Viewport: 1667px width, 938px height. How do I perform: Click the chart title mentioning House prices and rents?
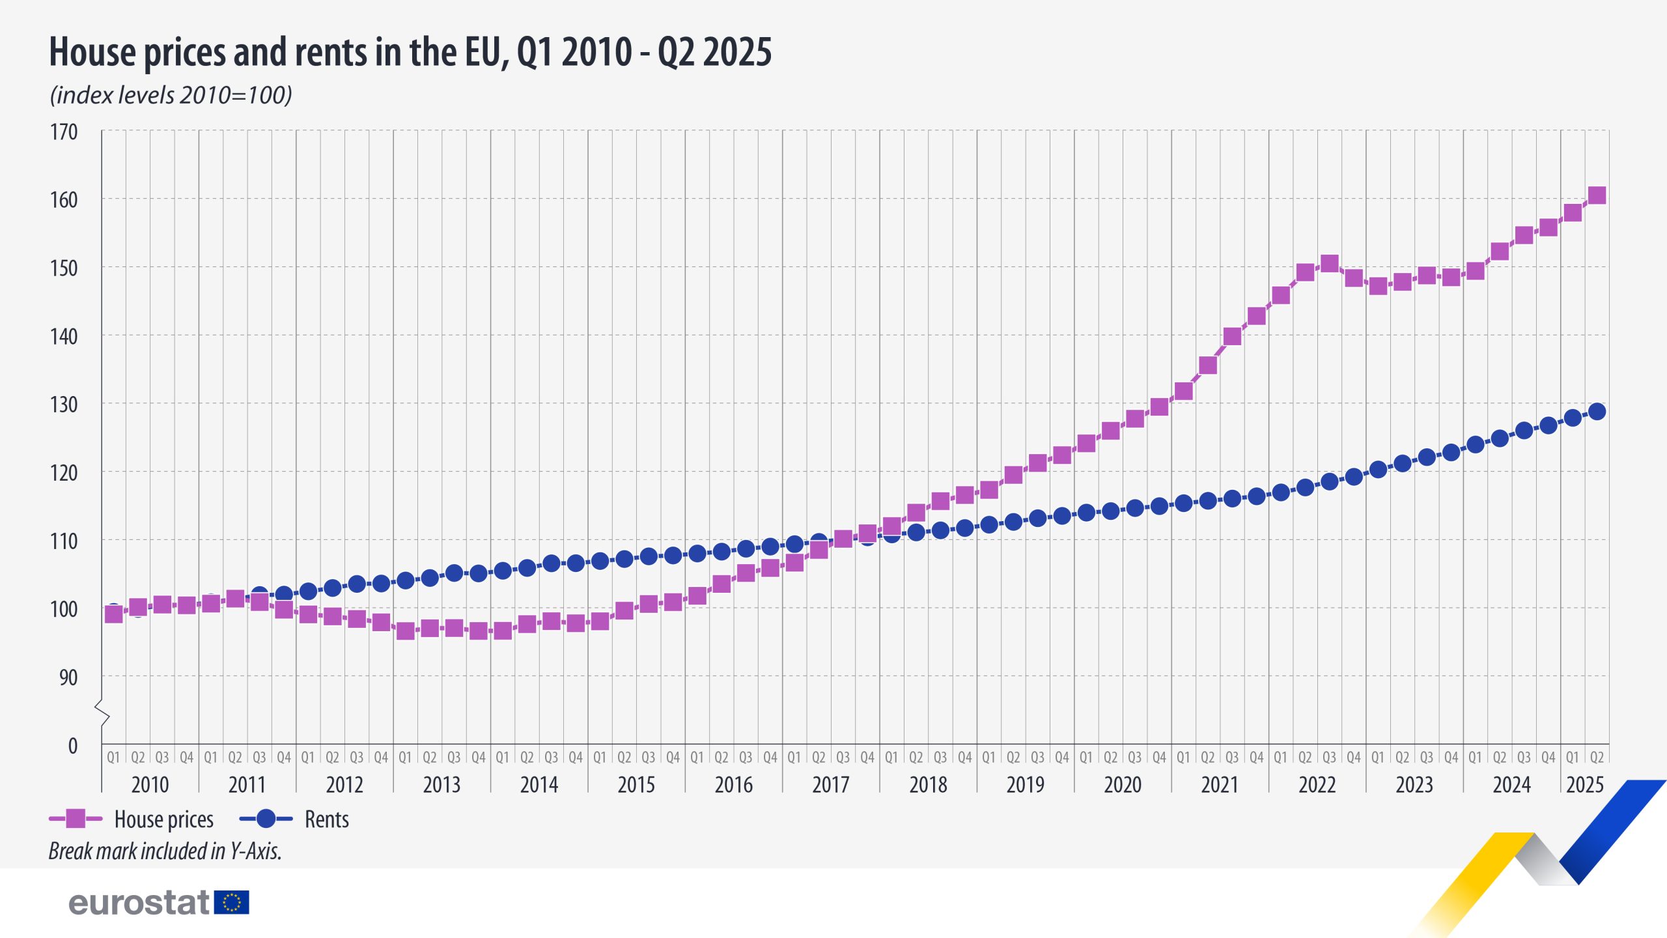click(x=410, y=52)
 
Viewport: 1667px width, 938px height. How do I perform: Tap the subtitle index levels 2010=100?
click(x=171, y=95)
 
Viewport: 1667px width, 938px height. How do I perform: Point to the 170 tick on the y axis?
click(x=64, y=132)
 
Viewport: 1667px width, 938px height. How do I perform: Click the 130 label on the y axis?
click(x=64, y=405)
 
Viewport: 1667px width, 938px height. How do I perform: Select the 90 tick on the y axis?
click(x=68, y=677)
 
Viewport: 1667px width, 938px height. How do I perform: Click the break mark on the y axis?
click(x=102, y=713)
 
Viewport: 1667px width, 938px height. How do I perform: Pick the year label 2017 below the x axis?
click(x=830, y=784)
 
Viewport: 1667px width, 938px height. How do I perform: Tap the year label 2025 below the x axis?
click(x=1584, y=784)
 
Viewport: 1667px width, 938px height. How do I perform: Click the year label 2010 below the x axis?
click(x=150, y=784)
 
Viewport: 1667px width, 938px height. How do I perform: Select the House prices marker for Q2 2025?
click(x=1597, y=195)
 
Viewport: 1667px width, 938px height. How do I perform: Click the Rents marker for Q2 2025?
click(x=1597, y=412)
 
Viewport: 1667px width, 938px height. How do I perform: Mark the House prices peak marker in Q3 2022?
click(x=1329, y=264)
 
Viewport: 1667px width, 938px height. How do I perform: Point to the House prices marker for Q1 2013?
click(x=405, y=631)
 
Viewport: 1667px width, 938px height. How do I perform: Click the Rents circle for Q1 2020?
click(x=1086, y=513)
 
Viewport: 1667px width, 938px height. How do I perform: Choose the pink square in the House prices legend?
click(x=76, y=819)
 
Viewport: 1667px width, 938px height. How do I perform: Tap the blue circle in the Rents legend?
click(x=266, y=819)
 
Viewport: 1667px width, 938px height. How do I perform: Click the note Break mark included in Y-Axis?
click(x=165, y=851)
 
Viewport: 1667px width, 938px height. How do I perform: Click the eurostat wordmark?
click(x=139, y=903)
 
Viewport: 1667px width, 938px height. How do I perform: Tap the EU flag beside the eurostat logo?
click(x=231, y=903)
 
